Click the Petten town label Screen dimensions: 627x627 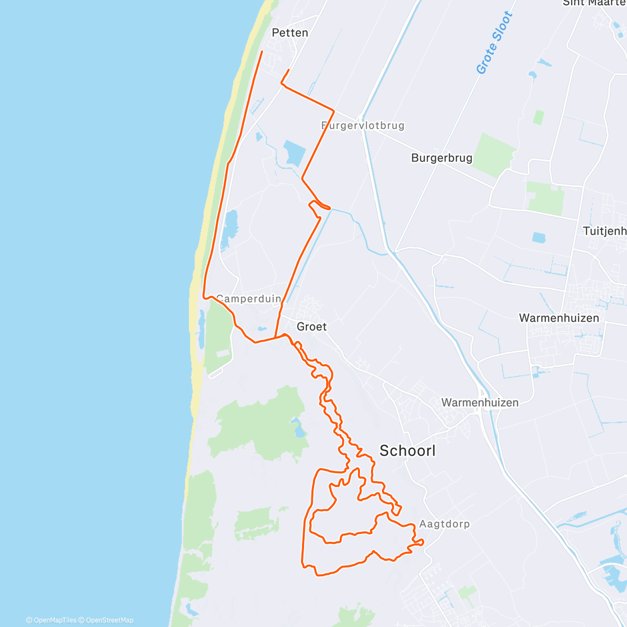[290, 33]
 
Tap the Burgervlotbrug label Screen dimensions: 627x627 [363, 125]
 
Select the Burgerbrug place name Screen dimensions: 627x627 [442, 158]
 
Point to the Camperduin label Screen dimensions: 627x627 [249, 299]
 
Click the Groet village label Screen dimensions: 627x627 [311, 327]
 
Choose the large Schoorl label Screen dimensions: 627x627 [407, 451]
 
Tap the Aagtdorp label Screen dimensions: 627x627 [444, 524]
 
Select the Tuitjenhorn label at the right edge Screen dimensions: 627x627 [605, 231]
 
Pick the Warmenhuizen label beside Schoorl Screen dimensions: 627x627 [480, 402]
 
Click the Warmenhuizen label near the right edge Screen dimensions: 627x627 [559, 318]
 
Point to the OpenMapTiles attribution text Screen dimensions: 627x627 [51, 620]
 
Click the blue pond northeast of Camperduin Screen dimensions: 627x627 [229, 228]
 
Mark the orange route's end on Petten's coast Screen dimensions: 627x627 [262, 51]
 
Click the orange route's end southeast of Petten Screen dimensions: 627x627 [288, 70]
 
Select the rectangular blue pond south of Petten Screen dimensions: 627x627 [294, 153]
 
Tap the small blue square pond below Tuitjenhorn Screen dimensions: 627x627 [539, 238]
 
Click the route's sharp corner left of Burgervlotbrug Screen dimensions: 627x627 [333, 110]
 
